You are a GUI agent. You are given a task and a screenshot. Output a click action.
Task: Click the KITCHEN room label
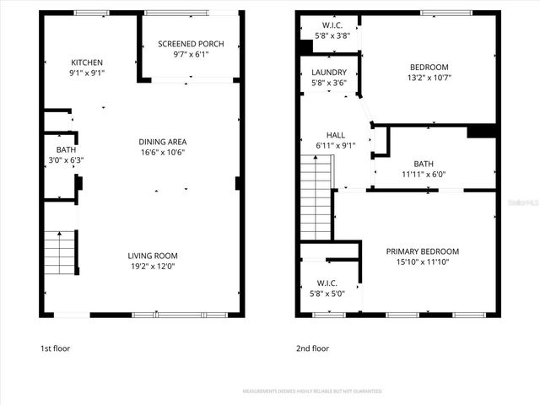(87, 62)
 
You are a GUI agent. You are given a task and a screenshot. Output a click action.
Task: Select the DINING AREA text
(163, 142)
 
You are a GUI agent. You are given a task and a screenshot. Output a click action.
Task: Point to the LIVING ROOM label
(153, 256)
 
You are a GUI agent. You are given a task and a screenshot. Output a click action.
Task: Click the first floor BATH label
(59, 148)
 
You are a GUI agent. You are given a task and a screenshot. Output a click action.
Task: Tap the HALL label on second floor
(335, 135)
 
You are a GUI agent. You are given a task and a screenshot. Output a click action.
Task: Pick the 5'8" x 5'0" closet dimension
(327, 294)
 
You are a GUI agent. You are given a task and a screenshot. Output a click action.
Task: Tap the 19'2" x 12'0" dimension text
(153, 267)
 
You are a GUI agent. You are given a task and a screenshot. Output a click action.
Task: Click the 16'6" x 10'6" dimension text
(163, 153)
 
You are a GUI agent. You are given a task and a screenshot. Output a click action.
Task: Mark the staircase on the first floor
(61, 251)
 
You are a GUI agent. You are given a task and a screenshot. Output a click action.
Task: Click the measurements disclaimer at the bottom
(312, 391)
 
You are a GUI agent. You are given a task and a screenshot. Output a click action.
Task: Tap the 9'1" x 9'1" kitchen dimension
(87, 73)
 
